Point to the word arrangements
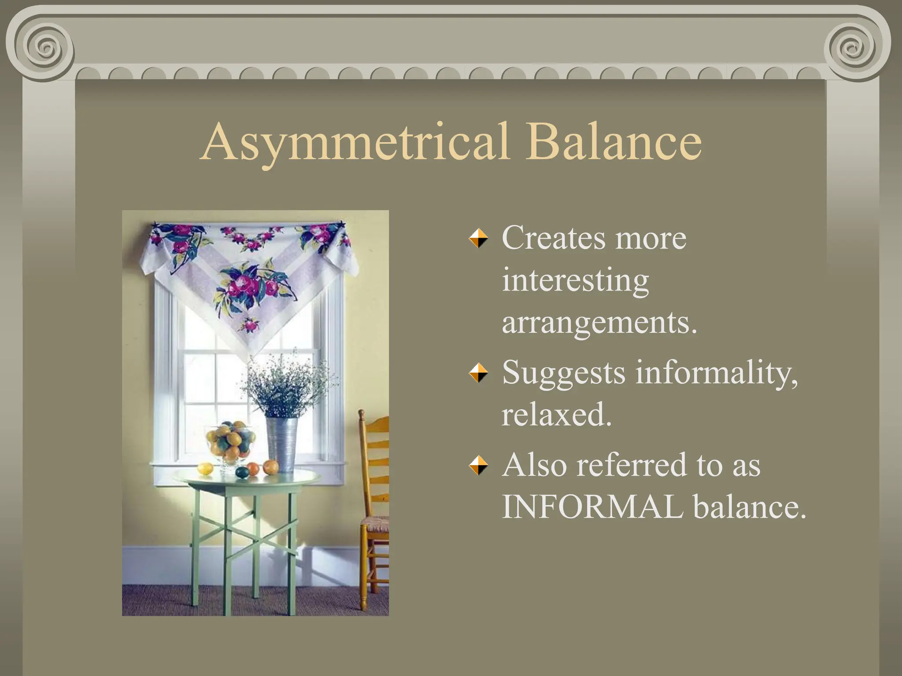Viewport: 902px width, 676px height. coord(599,323)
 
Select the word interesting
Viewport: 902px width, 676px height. coord(575,280)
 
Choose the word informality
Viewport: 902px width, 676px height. coord(717,372)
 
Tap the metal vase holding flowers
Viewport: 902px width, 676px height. coord(281,445)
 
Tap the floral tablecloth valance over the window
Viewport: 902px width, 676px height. coord(249,273)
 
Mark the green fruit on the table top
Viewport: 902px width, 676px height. coord(242,473)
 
